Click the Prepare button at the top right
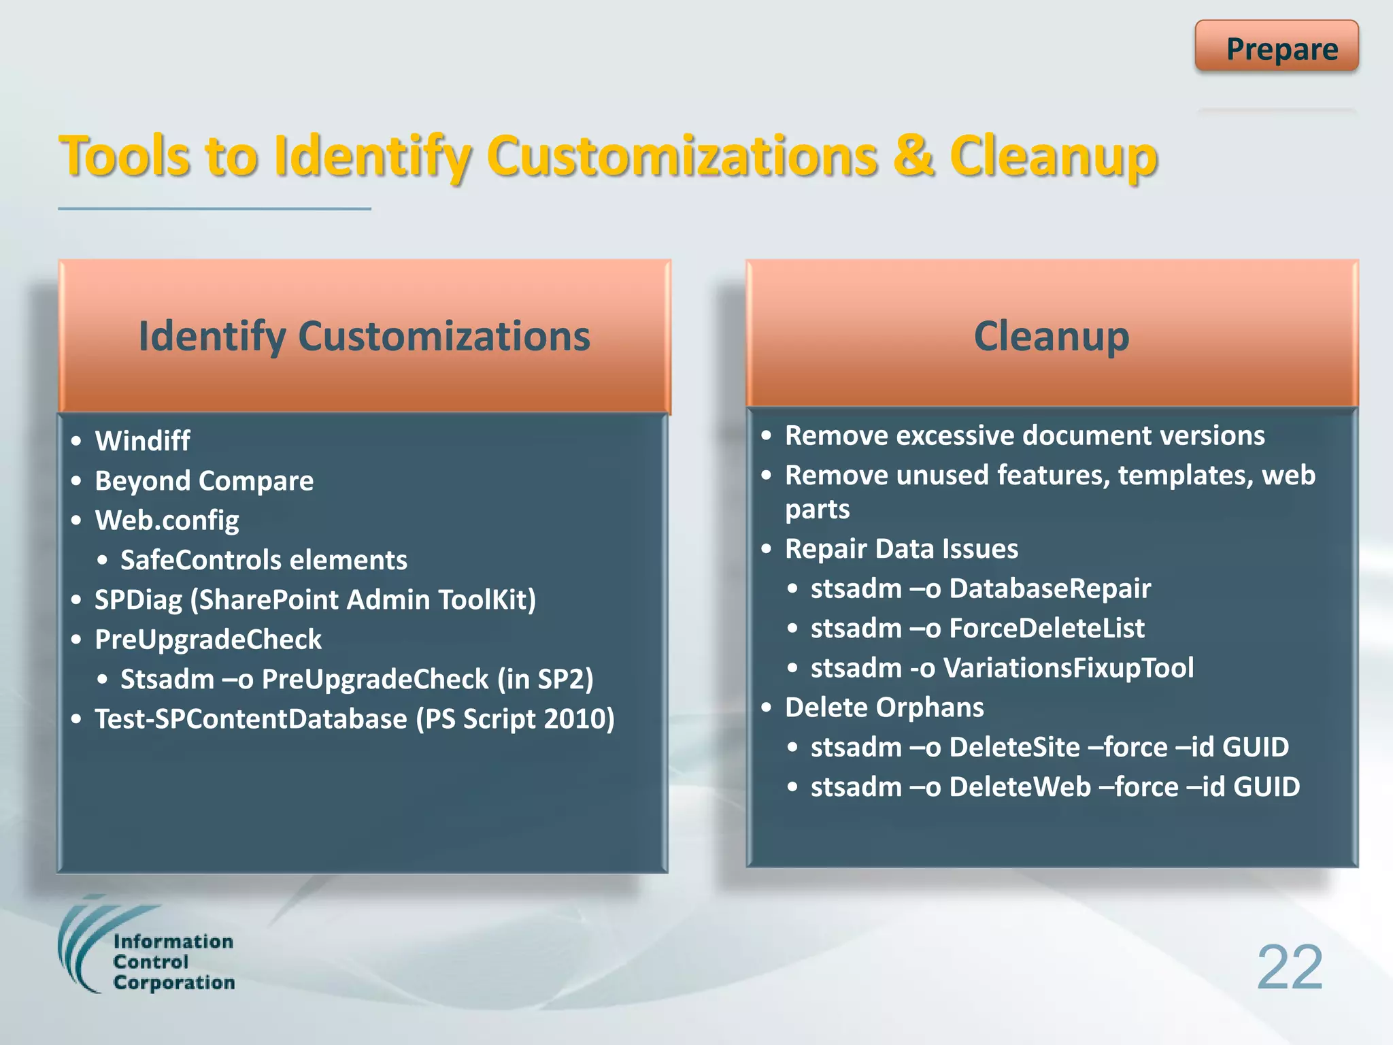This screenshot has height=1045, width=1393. [1276, 48]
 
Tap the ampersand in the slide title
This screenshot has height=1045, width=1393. [913, 156]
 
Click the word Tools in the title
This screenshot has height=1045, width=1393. [125, 156]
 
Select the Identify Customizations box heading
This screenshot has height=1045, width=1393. [364, 336]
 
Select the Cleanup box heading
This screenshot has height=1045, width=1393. [1051, 336]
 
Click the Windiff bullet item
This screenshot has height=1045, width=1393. [142, 441]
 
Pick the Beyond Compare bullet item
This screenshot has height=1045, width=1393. [204, 481]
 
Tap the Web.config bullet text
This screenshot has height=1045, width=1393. [167, 520]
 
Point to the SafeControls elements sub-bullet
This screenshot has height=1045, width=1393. [263, 560]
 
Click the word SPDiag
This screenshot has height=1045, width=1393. [138, 600]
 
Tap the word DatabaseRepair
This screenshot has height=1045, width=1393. [1050, 588]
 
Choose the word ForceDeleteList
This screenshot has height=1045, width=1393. [1046, 628]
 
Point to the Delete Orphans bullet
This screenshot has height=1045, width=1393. [884, 708]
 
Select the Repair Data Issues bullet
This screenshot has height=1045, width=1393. [901, 549]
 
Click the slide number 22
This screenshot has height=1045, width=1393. [1289, 967]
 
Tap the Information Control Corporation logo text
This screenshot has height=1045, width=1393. [173, 962]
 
